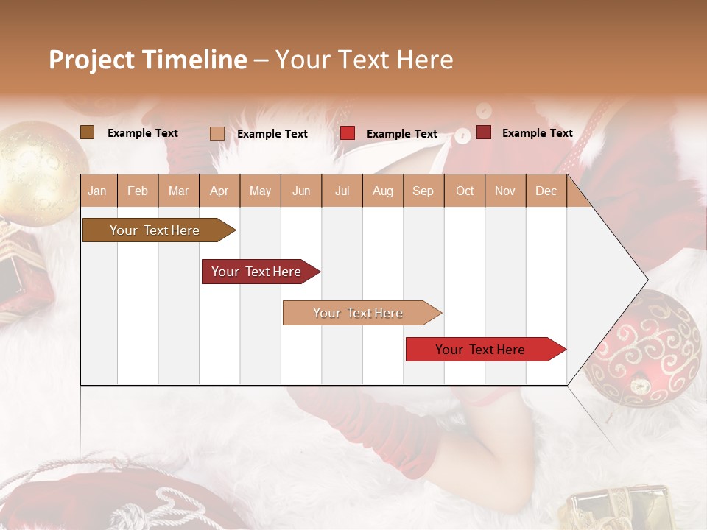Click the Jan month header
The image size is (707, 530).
(97, 191)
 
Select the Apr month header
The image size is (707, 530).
(219, 191)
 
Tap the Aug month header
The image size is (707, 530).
(382, 191)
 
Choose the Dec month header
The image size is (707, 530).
(546, 191)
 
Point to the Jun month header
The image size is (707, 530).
(301, 191)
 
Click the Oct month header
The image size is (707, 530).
(465, 191)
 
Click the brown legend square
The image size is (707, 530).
(88, 132)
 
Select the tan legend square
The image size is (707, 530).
(217, 133)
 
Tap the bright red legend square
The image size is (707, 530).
(348, 133)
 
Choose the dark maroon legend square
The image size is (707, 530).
(484, 132)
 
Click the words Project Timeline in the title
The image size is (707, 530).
(147, 60)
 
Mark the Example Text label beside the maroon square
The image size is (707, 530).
(537, 133)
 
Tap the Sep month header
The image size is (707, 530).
(423, 191)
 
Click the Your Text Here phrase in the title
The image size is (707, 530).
(364, 60)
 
